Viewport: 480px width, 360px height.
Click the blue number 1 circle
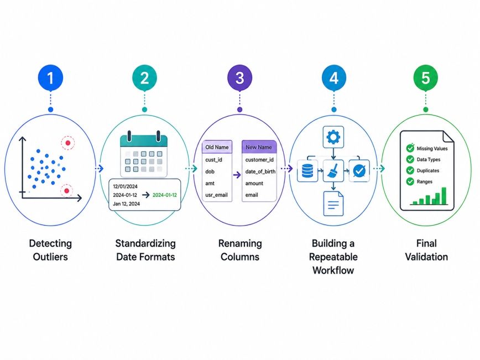tap(50, 78)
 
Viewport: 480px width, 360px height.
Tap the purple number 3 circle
tap(239, 78)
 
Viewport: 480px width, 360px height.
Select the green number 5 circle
tap(425, 78)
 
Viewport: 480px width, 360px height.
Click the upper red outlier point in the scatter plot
tap(68, 143)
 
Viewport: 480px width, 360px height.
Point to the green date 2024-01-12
tap(165, 195)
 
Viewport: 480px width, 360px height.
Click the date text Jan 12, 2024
tap(127, 204)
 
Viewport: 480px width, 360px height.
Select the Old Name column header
tap(217, 147)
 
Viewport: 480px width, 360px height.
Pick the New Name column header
tap(259, 147)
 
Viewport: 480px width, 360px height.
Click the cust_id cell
tap(213, 160)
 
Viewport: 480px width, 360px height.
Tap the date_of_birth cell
tap(260, 171)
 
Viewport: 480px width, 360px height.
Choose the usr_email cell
tap(216, 195)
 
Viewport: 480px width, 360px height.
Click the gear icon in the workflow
tap(333, 137)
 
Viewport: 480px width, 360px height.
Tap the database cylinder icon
tap(307, 171)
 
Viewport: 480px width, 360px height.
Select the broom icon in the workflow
tap(333, 171)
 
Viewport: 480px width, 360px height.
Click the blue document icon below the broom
tap(333, 204)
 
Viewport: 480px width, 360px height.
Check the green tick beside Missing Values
tap(410, 148)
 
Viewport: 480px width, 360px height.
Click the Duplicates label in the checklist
tap(428, 170)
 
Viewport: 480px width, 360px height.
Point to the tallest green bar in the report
tap(444, 196)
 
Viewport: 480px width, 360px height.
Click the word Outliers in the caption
tap(50, 257)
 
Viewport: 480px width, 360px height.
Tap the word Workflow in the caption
tap(333, 270)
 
